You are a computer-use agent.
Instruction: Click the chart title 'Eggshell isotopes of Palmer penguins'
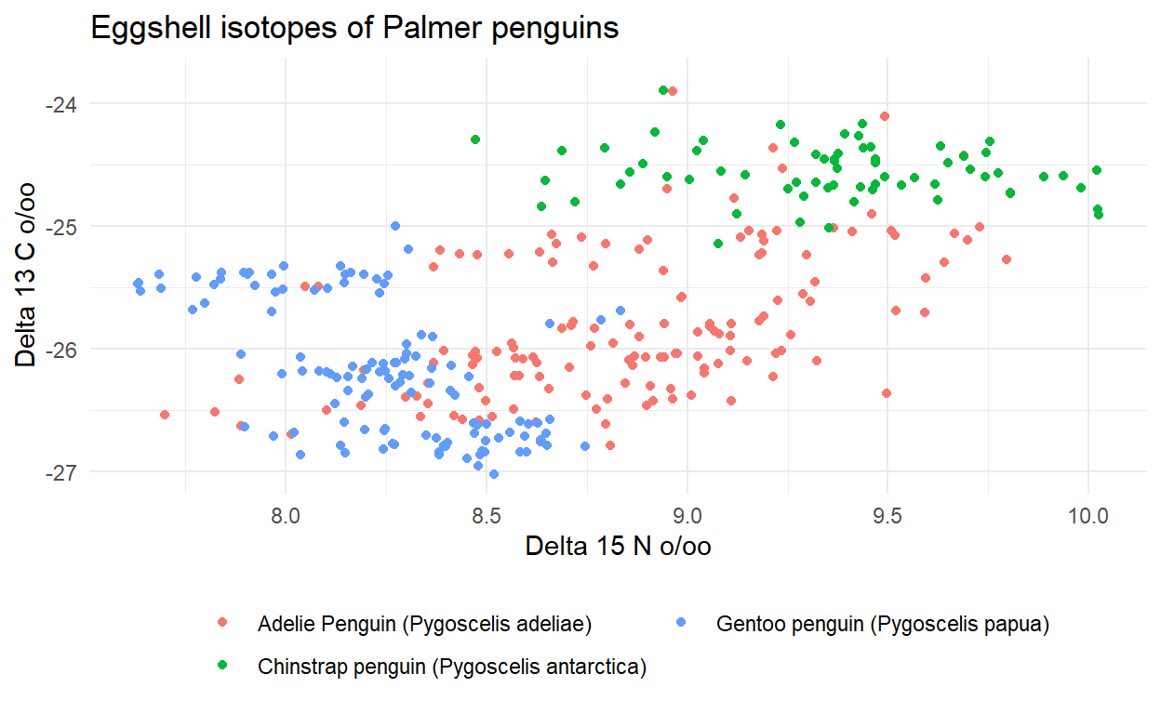354,29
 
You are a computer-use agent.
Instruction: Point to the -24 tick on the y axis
67,103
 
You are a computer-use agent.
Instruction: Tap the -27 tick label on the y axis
67,471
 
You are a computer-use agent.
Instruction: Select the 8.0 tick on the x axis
286,514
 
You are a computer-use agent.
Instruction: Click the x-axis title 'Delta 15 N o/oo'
618,546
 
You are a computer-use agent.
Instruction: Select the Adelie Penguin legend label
425,624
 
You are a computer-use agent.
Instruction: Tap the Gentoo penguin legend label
883,624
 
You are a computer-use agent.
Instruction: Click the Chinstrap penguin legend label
452,667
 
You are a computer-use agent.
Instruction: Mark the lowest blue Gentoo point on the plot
494,474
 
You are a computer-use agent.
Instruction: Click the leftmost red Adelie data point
165,415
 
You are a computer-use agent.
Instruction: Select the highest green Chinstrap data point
663,90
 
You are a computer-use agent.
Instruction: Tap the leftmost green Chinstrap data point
475,139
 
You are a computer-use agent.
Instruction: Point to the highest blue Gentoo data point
395,226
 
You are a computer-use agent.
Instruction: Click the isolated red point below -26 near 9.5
886,393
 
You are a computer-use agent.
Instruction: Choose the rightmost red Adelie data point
1006,259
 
